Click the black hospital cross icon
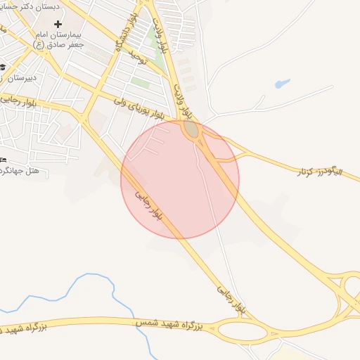pos(58,25)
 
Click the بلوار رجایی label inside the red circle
pos(149,204)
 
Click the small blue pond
pos(283,83)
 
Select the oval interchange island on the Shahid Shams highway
pos(242,330)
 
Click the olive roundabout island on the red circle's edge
pos(191,129)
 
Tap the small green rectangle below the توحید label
pos(141,82)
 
